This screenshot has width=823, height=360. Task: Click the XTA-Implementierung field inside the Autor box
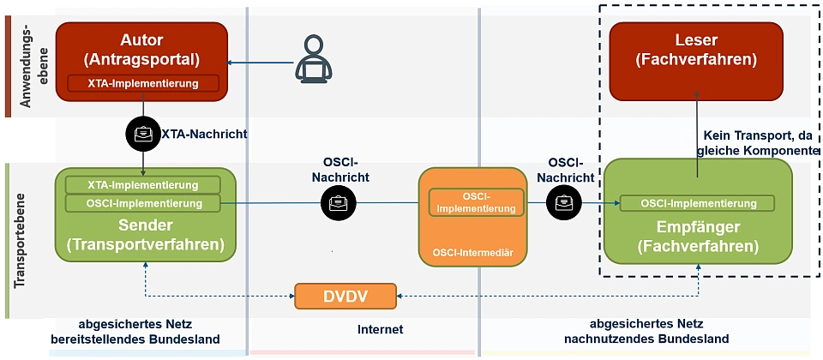[142, 84]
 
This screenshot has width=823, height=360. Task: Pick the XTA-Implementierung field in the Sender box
[143, 184]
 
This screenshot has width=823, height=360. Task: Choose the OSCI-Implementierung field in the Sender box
[143, 203]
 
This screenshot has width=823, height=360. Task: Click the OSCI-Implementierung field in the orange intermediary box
[476, 202]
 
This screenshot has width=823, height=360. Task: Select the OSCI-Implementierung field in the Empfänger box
[696, 203]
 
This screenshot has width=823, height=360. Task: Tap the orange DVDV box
[345, 296]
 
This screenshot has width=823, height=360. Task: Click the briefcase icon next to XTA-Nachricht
[142, 134]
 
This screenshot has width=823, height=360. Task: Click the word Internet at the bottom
[380, 329]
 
